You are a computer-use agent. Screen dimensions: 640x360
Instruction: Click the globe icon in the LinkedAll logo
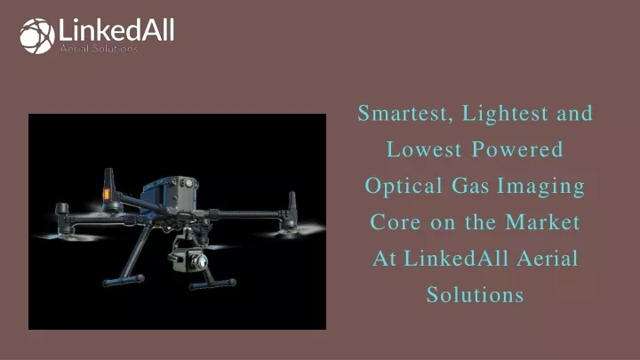pyautogui.click(x=37, y=36)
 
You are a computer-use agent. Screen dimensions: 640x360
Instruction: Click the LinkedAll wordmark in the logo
pyautogui.click(x=116, y=30)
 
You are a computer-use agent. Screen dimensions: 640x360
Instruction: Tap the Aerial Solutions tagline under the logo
pyautogui.click(x=99, y=49)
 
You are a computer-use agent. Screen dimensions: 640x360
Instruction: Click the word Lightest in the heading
pyautogui.click(x=505, y=113)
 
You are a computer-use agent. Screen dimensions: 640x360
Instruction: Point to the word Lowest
pyautogui.click(x=424, y=149)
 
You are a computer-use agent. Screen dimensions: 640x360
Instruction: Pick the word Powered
pyautogui.click(x=517, y=149)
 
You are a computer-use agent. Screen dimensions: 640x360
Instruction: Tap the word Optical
pyautogui.click(x=404, y=186)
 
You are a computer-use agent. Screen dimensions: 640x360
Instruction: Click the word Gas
pyautogui.click(x=470, y=186)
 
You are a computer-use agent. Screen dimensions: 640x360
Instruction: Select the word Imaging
pyautogui.click(x=541, y=187)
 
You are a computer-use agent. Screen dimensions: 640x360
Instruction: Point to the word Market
pyautogui.click(x=542, y=222)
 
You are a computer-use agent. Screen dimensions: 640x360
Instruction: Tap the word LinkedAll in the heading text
pyautogui.click(x=456, y=259)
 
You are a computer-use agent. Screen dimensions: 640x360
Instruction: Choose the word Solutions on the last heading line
pyautogui.click(x=475, y=295)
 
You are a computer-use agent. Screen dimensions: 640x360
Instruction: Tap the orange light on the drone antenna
pyautogui.click(x=107, y=194)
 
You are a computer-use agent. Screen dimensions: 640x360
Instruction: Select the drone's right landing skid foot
pyautogui.click(x=213, y=284)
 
